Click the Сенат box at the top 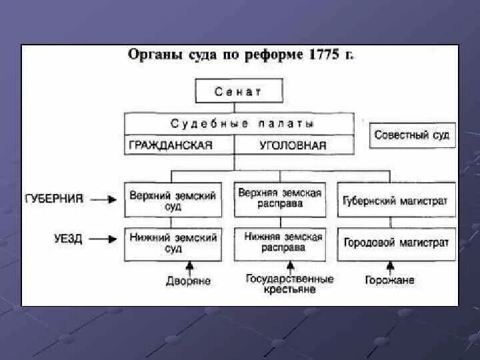coord(239,91)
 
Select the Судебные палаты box coord(239,123)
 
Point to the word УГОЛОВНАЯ coord(293,145)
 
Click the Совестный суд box coord(411,135)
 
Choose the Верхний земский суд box coord(173,200)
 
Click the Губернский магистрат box coord(396,200)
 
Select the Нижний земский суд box coord(173,243)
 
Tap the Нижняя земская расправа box coord(283,242)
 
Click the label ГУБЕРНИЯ coord(54,199)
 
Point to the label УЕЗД coord(68,238)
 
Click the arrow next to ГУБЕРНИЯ coord(103,199)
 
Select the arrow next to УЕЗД coord(103,238)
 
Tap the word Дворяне coord(189,281)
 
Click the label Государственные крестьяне coord(289,285)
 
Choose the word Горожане coord(389,280)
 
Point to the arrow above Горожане coord(389,267)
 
